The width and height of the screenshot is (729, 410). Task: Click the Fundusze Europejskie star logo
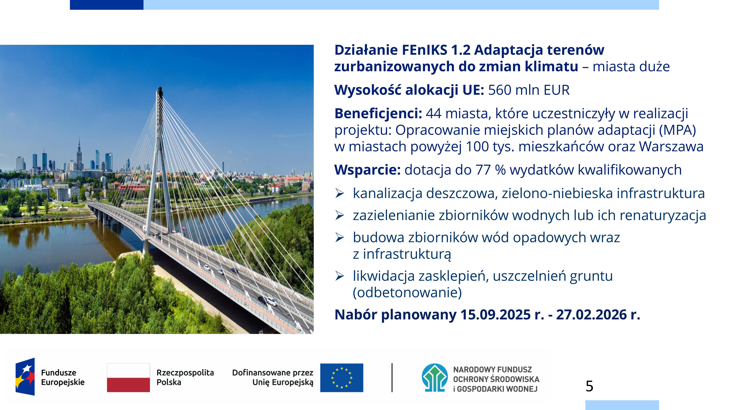point(25,377)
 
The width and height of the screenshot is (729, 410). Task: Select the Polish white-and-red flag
point(128,378)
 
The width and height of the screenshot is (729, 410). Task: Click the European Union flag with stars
point(342,378)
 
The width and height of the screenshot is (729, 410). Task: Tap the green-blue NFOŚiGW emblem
point(435,378)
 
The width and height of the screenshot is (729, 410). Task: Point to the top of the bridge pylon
point(160,88)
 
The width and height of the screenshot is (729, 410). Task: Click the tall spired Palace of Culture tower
point(79,154)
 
